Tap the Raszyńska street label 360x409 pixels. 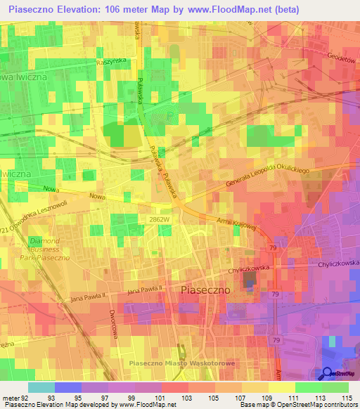(x=110, y=61)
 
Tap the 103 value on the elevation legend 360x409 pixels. (x=187, y=398)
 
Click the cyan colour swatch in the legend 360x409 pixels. (x=41, y=387)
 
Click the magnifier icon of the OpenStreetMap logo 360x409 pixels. (x=327, y=373)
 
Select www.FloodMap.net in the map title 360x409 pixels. (x=223, y=10)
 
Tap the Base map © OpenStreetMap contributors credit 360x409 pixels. (x=296, y=405)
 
